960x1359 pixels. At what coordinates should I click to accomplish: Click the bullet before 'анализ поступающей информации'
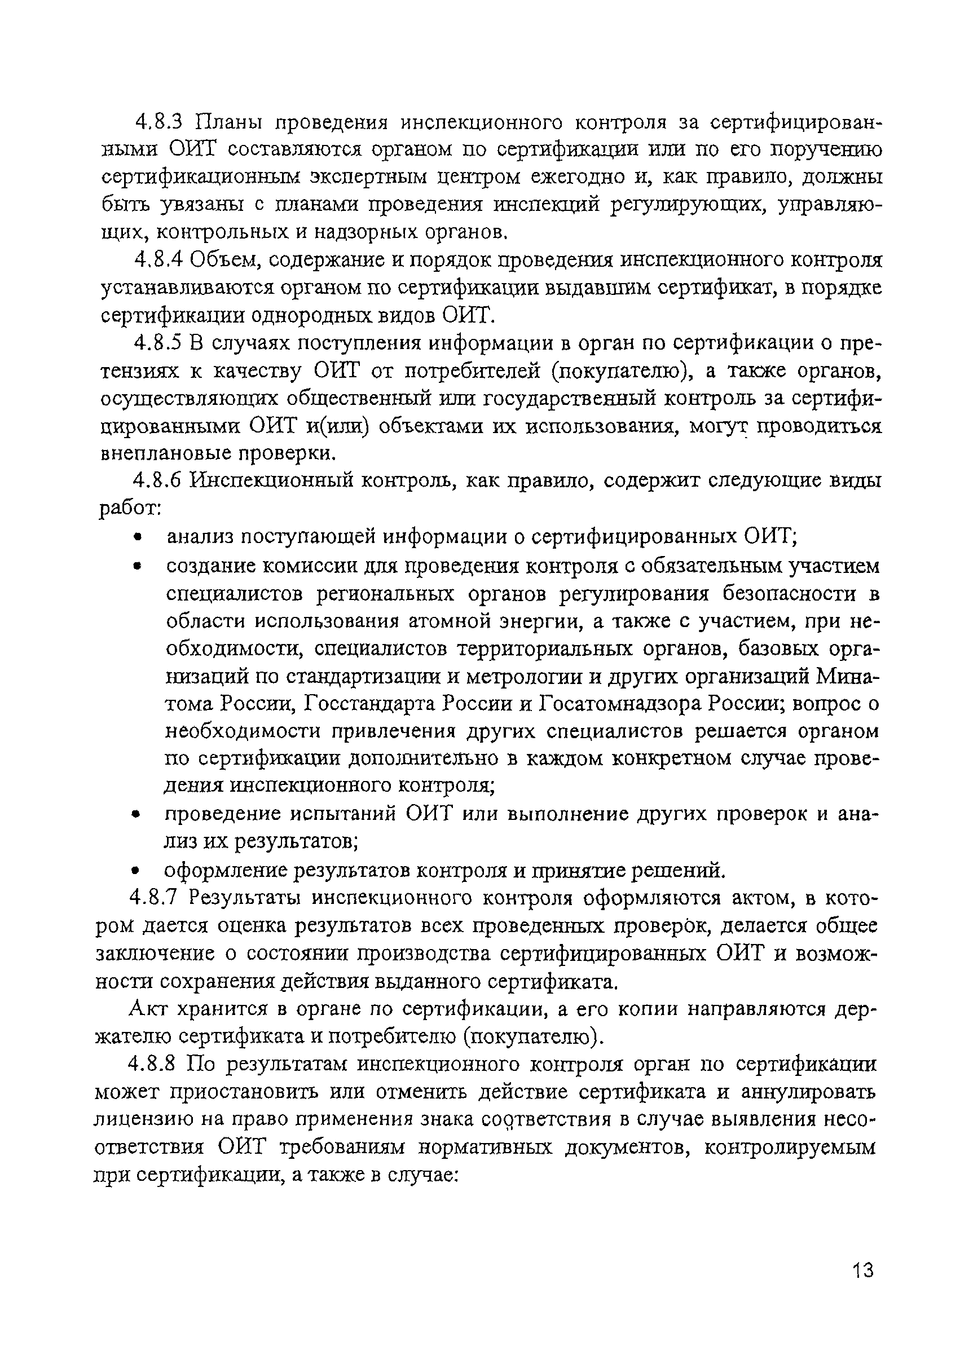pyautogui.click(x=138, y=537)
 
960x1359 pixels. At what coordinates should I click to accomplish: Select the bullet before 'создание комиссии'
pyautogui.click(x=138, y=567)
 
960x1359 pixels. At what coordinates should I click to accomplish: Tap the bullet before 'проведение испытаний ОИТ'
pyautogui.click(x=135, y=815)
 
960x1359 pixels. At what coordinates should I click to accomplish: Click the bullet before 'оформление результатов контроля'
pyautogui.click(x=135, y=871)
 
